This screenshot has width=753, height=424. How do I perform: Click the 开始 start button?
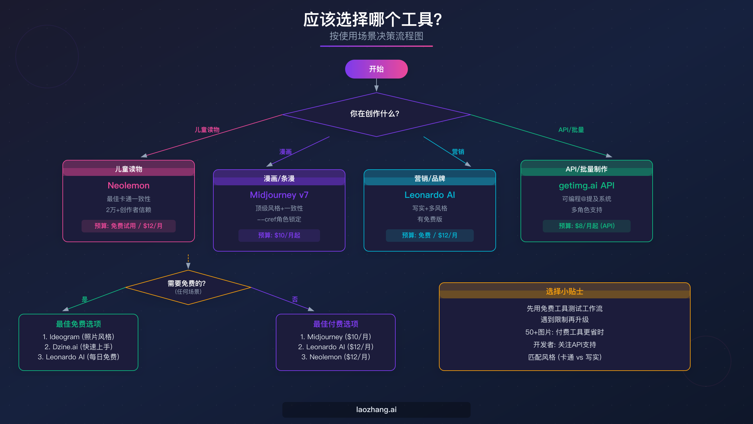pos(376,69)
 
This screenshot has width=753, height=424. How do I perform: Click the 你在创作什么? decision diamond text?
pos(375,114)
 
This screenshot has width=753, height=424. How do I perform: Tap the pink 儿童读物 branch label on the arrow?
pos(207,130)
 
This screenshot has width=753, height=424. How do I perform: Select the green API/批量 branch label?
pos(571,130)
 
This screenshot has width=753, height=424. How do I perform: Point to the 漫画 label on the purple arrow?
pos(286,152)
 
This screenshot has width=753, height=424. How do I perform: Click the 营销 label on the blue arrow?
pos(458,152)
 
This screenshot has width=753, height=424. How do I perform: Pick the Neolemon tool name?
pos(128,186)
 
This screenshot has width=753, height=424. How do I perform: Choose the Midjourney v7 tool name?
pos(279,195)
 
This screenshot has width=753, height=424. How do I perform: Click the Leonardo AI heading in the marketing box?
pos(430,195)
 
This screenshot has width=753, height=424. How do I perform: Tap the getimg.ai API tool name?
pos(586,186)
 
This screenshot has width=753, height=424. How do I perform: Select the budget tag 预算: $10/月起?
pos(279,235)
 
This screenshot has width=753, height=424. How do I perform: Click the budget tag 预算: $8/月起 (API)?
pos(586,226)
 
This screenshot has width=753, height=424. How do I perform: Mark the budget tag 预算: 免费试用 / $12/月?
pos(128,226)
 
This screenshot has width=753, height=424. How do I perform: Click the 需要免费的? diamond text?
pos(186,284)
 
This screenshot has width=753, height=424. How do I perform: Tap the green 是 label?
pos(85,299)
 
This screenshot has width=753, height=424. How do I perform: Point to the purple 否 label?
pos(295,299)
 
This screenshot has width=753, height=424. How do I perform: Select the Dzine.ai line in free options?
pos(78,347)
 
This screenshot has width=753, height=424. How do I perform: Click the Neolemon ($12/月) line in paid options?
pos(336,357)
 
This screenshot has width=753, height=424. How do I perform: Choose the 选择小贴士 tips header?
pos(564,291)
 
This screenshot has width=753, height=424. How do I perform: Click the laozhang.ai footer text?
pos(376,410)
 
